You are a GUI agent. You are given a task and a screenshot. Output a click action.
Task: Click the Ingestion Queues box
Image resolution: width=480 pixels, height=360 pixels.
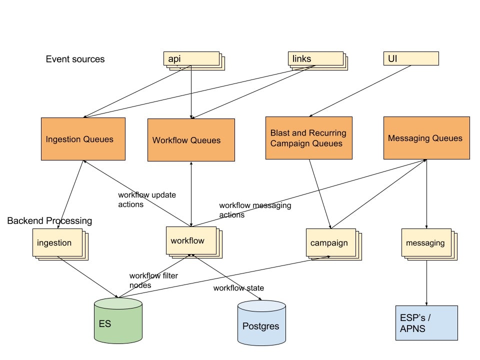[83, 139]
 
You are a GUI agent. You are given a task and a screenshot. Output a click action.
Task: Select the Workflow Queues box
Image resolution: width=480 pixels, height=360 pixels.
[191, 140]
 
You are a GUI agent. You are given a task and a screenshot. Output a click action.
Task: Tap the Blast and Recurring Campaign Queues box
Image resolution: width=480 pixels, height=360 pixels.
[308, 138]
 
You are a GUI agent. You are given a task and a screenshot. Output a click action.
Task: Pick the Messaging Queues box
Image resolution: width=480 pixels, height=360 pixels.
[426, 138]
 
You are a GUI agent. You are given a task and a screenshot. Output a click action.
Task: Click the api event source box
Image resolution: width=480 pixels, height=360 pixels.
[191, 59]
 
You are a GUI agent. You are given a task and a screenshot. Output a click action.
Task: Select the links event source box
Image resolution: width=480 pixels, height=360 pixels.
[315, 59]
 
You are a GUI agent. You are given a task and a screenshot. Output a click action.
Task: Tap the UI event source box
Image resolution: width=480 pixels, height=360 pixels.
[410, 58]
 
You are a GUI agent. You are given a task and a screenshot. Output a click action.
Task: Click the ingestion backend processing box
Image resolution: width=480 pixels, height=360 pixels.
[57, 242]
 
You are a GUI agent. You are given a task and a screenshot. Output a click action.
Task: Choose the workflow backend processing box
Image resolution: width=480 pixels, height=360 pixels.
[191, 240]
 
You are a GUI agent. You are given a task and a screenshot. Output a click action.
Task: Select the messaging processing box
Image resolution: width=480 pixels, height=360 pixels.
[426, 242]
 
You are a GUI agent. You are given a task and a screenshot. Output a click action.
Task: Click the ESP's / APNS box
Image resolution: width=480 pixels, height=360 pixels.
[426, 322]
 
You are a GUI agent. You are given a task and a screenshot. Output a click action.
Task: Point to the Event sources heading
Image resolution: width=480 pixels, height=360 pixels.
[75, 59]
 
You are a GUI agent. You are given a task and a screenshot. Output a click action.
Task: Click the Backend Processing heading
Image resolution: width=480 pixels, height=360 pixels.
[49, 220]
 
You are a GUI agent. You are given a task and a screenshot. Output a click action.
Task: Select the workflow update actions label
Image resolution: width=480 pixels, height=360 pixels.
[146, 199]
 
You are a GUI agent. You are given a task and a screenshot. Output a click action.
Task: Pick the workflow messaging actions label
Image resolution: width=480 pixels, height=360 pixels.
[254, 210]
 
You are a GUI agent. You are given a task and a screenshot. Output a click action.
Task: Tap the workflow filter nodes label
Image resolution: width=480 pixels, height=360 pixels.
[153, 280]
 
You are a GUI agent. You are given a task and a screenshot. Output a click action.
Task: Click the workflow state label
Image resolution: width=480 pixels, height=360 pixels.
[238, 288]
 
